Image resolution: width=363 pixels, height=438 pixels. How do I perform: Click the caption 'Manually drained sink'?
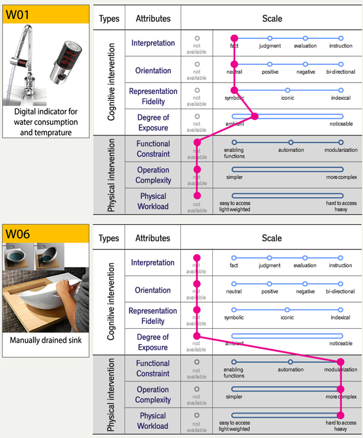(x=45, y=341)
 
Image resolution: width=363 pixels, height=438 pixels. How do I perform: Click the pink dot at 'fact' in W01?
(x=234, y=38)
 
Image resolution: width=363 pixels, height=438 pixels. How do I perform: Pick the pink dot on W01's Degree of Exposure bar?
(x=255, y=116)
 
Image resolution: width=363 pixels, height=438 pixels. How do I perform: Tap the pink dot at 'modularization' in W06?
(x=341, y=362)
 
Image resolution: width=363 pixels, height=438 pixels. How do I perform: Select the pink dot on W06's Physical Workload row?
(x=341, y=414)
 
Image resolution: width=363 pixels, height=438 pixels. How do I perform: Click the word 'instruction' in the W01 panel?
(x=341, y=46)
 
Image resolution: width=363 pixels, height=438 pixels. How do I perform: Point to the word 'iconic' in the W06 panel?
(x=287, y=318)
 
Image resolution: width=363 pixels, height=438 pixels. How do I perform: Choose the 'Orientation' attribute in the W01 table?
(x=153, y=70)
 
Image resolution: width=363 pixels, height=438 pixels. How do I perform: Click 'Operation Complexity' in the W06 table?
(x=153, y=394)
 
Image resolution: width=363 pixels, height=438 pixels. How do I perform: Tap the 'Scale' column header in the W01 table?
(x=272, y=18)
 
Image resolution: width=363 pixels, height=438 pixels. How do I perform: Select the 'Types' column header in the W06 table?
(x=109, y=238)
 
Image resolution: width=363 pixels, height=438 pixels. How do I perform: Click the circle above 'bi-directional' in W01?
(x=341, y=64)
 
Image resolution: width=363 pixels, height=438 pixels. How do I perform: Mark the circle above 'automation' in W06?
(x=290, y=362)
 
